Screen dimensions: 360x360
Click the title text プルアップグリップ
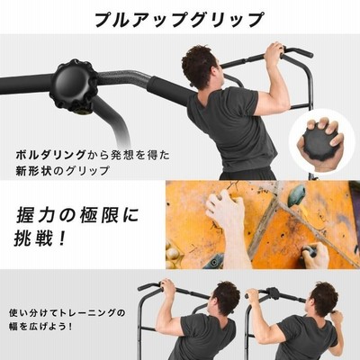179,19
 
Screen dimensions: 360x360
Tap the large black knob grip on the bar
74,85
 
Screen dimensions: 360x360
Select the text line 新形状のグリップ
63,171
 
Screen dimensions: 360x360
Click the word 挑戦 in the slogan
32,239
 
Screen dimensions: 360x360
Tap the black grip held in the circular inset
316,143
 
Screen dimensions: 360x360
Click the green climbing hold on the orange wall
297,196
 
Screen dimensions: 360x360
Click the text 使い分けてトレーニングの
67,313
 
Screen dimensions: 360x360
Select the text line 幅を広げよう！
41,326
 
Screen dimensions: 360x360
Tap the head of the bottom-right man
323,300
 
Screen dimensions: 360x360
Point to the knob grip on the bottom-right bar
273,293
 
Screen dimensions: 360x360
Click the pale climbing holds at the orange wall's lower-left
174,255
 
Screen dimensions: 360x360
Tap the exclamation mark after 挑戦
62,239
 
